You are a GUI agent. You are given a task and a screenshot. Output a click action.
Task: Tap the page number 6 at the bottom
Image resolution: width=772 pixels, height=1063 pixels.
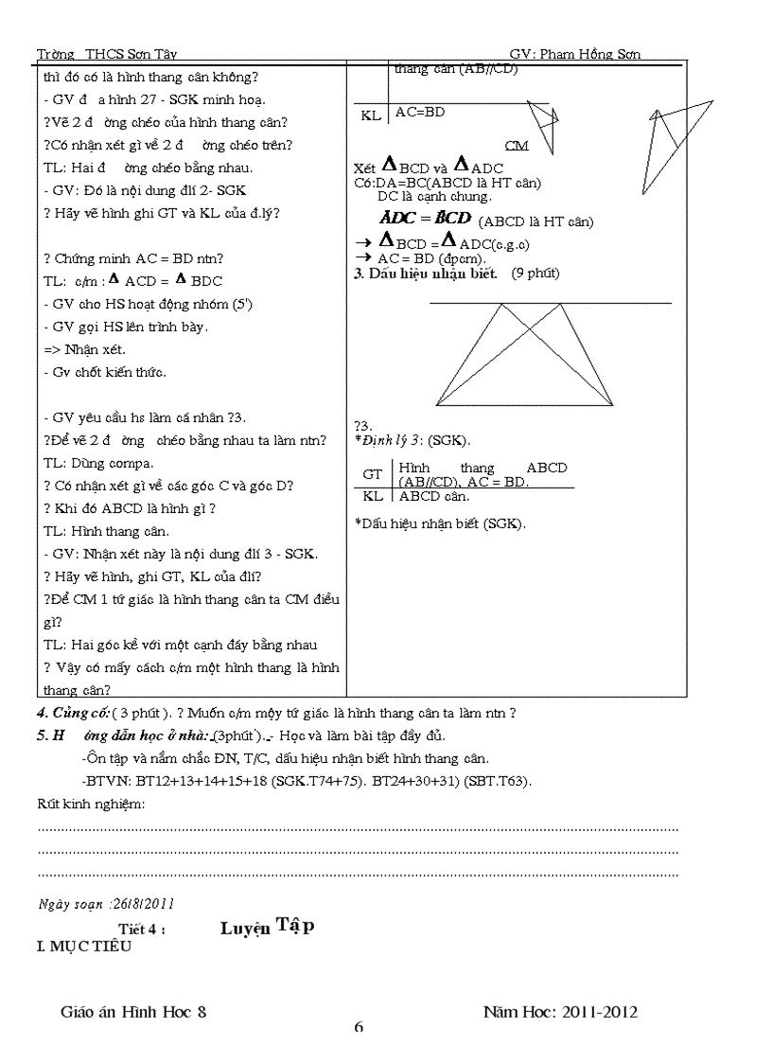point(359,1028)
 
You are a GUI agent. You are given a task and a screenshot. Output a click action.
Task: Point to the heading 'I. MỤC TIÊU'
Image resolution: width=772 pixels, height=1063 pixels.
point(83,946)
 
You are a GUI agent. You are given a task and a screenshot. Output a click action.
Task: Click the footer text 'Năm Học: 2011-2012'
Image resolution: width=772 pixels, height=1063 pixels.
point(560,1012)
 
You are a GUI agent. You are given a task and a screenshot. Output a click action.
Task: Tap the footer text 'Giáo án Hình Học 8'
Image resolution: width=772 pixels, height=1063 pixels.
point(132,1012)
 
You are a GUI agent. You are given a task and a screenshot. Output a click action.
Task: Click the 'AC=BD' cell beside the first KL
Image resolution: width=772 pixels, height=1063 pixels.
point(420,113)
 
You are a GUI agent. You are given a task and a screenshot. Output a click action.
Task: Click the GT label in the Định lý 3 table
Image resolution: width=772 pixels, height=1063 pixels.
point(373,474)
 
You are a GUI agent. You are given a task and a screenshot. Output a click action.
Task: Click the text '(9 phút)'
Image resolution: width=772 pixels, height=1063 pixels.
point(535,275)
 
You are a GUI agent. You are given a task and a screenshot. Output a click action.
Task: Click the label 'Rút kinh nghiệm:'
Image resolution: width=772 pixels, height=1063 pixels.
point(91,804)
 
